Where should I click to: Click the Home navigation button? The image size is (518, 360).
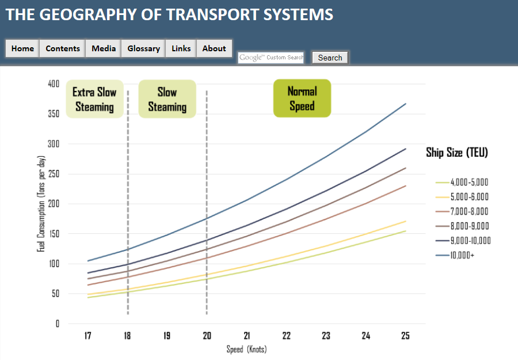click(x=22, y=48)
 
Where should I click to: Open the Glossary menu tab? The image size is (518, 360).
click(x=143, y=48)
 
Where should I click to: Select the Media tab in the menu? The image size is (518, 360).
click(x=104, y=48)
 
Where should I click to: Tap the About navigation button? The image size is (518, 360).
click(x=214, y=48)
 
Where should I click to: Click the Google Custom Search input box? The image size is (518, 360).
click(x=271, y=58)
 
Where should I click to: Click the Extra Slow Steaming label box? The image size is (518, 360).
click(x=94, y=99)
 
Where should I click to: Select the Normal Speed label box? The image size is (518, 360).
click(x=302, y=98)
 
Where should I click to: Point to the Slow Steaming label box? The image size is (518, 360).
click(x=167, y=99)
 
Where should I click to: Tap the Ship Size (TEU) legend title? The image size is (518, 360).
click(x=457, y=152)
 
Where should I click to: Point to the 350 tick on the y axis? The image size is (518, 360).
click(x=54, y=114)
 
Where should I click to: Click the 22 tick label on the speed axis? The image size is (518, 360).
click(x=286, y=336)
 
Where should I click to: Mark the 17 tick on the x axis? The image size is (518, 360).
click(x=88, y=336)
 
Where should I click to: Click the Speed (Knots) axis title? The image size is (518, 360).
click(x=246, y=349)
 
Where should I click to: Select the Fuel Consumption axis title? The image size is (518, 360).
click(x=41, y=203)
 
